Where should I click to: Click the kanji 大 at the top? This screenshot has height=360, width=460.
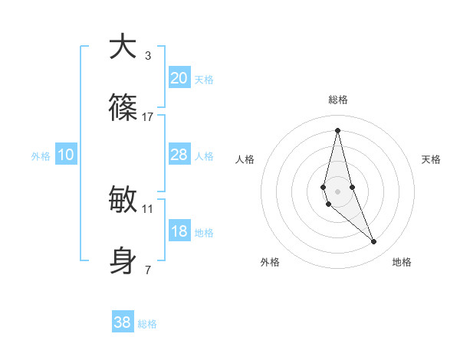pyautogui.click(x=123, y=47)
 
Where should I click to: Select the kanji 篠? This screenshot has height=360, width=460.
pyautogui.click(x=123, y=108)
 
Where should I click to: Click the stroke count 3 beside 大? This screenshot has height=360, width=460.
pyautogui.click(x=148, y=56)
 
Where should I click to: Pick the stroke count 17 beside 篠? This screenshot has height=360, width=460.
pyautogui.click(x=148, y=117)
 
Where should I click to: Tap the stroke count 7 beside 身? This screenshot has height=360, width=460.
pyautogui.click(x=148, y=270)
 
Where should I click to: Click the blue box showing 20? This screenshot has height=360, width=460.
pyautogui.click(x=179, y=78)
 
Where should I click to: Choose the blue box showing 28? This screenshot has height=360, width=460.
pyautogui.click(x=179, y=155)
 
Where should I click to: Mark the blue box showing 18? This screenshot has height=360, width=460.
pyautogui.click(x=179, y=231)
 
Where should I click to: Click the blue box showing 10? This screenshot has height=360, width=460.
pyautogui.click(x=65, y=155)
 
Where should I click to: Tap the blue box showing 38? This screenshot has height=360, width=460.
pyautogui.click(x=122, y=322)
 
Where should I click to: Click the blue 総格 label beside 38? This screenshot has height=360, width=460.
pyautogui.click(x=147, y=324)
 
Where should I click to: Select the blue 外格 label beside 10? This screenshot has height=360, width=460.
pyautogui.click(x=41, y=156)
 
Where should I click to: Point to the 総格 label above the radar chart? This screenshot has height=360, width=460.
pyautogui.click(x=338, y=100)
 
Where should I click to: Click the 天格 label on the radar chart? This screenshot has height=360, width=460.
pyautogui.click(x=432, y=159)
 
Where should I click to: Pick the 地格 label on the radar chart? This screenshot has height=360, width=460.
pyautogui.click(x=402, y=262)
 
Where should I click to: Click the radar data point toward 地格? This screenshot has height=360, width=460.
pyautogui.click(x=374, y=242)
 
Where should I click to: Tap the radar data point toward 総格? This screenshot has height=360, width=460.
pyautogui.click(x=337, y=129)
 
